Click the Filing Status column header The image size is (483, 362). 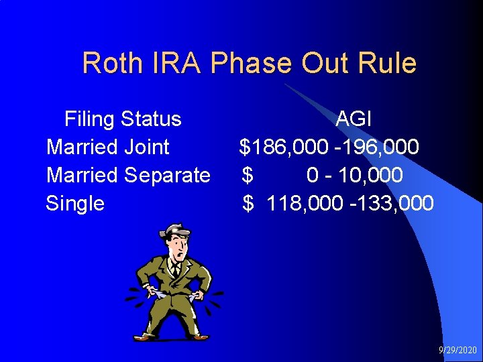123,119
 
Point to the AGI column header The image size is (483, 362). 354,119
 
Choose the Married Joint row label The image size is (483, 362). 107,147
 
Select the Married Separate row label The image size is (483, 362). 128,175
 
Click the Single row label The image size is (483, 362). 75,203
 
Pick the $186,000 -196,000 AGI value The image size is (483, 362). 330,147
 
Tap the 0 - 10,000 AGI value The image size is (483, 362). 354,175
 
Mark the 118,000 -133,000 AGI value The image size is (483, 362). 350,203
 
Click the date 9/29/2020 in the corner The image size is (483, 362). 457,351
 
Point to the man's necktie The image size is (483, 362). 175,271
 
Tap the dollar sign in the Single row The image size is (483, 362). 248,203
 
